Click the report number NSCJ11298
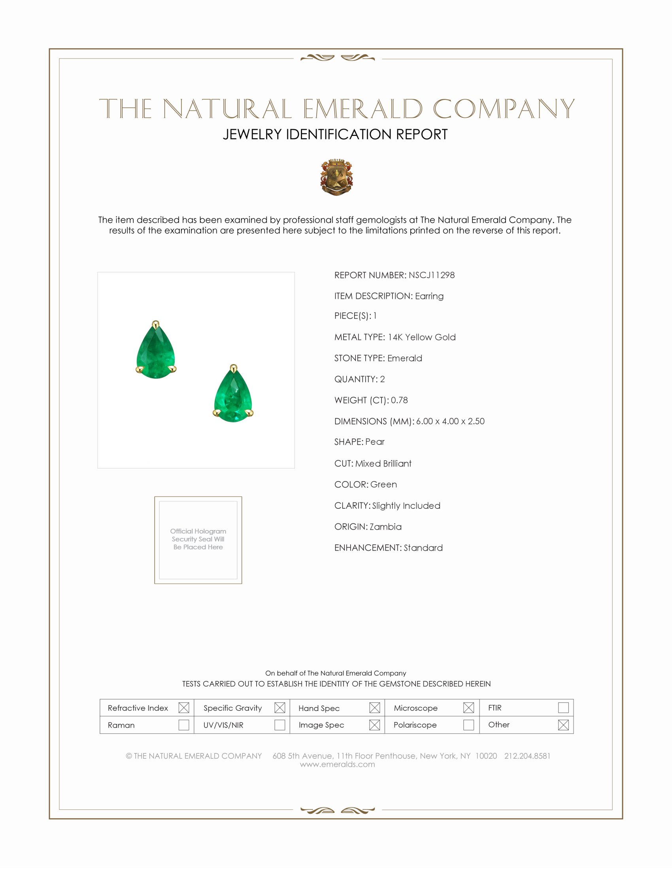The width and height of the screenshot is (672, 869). coord(431,275)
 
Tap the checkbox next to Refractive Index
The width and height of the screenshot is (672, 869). coord(183,708)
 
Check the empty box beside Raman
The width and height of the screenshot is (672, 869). coord(183,725)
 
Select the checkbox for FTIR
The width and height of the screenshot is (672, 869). coord(563,708)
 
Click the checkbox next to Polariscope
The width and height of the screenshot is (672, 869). coord(468,725)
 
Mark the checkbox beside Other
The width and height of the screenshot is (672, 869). coord(563,725)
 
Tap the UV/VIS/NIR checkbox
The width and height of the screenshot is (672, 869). coord(279,725)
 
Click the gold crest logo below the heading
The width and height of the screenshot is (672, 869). coord(336,177)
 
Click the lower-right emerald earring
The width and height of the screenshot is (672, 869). coord(233,395)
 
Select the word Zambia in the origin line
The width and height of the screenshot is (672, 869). coord(385,527)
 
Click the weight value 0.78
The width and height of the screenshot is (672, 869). coord(399,400)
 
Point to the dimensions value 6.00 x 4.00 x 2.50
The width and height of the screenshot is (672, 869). coord(450,421)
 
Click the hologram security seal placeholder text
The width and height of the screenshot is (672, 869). coord(198,539)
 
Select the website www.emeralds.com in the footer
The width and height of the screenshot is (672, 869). coord(337,764)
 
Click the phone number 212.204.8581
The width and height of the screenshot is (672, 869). coord(527,756)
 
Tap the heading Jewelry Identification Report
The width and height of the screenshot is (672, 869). coord(335,134)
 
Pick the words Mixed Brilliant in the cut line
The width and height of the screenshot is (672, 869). coord(383,464)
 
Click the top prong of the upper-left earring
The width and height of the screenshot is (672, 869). coord(156,324)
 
